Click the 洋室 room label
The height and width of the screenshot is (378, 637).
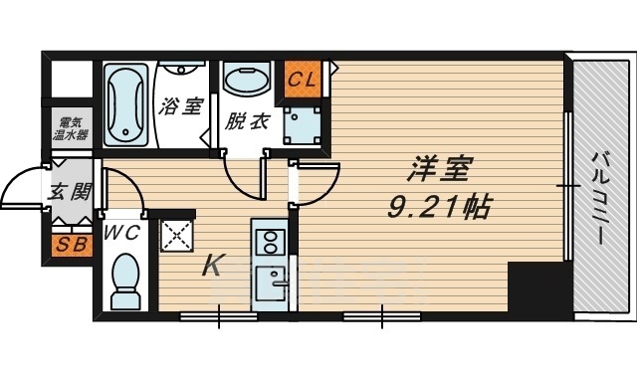coord(435,170)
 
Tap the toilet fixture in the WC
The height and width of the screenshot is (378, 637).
coord(125,282)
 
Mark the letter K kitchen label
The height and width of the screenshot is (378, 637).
coord(214,266)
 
